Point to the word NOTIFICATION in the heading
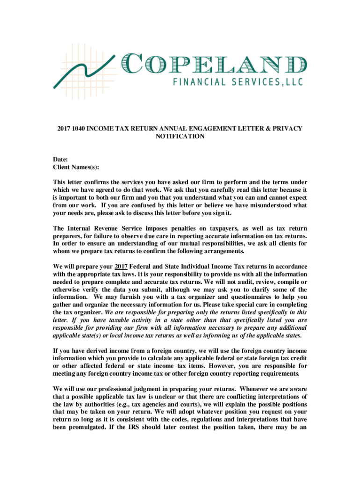point(180,136)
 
